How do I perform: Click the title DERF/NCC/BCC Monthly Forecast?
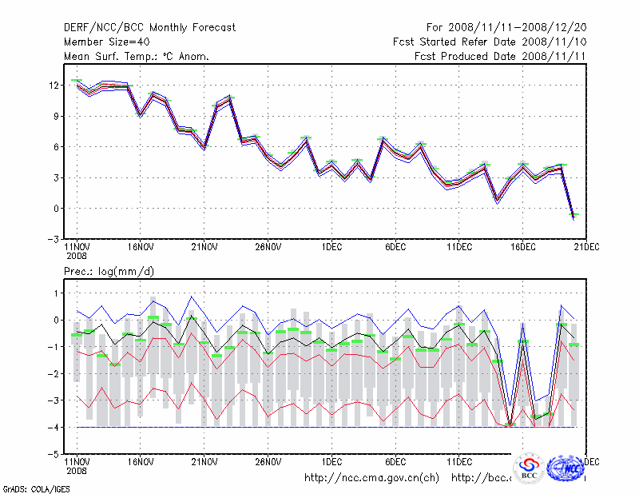tap(149, 28)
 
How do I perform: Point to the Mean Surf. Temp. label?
tap(137, 57)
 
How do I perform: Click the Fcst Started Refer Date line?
tap(490, 42)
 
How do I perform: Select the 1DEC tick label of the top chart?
tap(331, 248)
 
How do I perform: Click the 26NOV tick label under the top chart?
tap(268, 248)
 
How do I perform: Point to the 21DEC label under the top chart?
tap(587, 248)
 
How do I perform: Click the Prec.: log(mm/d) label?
tap(109, 272)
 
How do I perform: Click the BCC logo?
tap(529, 468)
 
